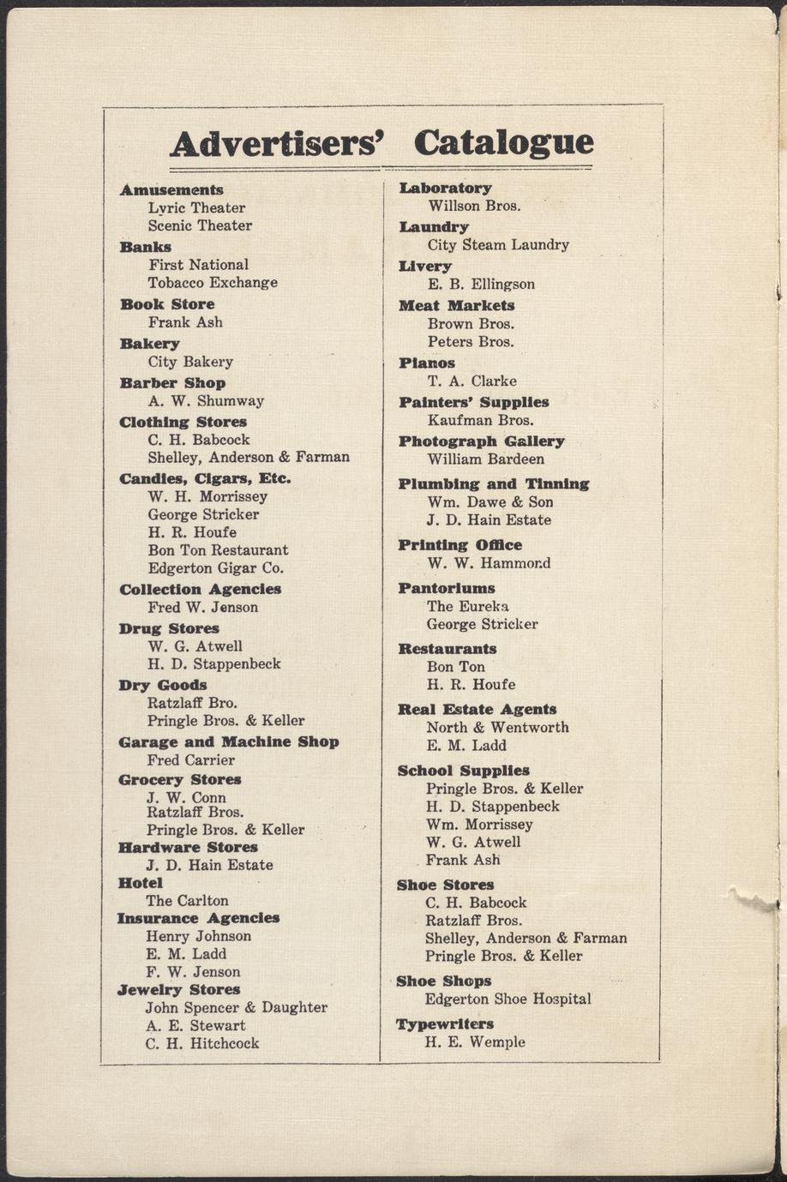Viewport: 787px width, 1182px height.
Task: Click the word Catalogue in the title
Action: tap(503, 143)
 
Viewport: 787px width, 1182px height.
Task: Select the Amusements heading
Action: tap(171, 189)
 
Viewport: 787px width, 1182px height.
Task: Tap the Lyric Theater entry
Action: tap(196, 207)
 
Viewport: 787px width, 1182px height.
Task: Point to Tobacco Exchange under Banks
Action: tap(213, 282)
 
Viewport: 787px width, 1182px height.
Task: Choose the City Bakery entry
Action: tap(190, 362)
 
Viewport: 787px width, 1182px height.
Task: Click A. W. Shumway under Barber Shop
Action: tap(206, 400)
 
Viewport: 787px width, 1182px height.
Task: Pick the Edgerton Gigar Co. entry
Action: tap(215, 567)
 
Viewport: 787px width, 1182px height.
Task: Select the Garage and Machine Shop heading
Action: tap(229, 741)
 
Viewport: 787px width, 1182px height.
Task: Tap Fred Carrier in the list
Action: tap(190, 759)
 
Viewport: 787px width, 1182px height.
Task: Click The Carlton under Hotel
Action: tap(187, 900)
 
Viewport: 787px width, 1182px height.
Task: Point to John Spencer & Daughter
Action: tap(237, 1007)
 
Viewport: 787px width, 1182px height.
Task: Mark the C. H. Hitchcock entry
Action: tap(202, 1043)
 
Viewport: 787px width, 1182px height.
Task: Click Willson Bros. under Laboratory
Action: tap(474, 205)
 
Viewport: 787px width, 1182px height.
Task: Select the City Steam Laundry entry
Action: tap(498, 244)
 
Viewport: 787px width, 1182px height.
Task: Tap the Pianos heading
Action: tap(427, 363)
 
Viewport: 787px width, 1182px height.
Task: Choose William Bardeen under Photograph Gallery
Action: tap(485, 459)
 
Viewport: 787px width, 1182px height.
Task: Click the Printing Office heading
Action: tap(460, 545)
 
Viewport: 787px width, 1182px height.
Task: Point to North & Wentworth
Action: tap(497, 727)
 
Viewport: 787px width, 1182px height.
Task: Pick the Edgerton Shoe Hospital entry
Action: tap(508, 999)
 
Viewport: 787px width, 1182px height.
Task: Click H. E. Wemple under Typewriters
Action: tap(475, 1042)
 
